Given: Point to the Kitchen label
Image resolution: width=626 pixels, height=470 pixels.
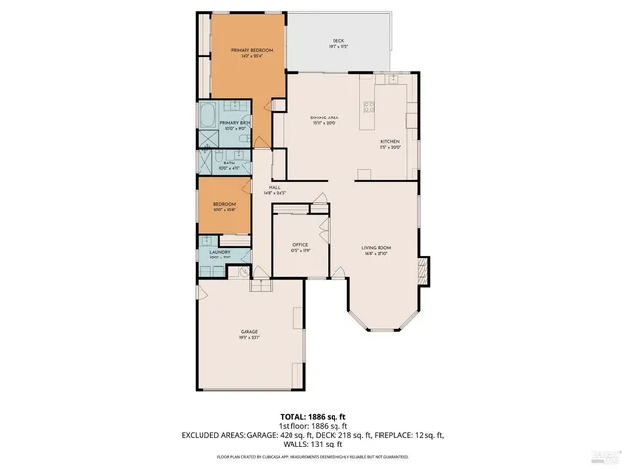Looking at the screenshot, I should point(390,144).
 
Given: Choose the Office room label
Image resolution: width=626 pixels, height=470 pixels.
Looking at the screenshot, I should point(299,247).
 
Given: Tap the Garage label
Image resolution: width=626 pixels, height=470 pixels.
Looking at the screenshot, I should point(249,335).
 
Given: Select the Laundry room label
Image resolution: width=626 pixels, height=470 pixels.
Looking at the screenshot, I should point(219,255).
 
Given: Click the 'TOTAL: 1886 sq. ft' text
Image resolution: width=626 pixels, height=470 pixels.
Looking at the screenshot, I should point(311,416).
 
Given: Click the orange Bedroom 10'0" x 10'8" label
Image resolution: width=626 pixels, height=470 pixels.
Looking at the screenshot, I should point(226,206).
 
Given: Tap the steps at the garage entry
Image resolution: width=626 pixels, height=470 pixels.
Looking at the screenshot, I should point(260,285).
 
